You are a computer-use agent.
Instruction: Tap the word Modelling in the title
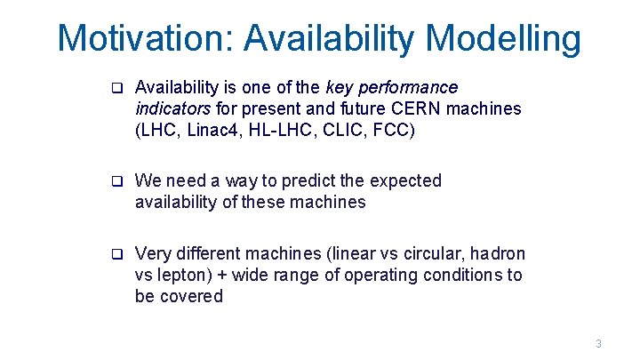[503, 38]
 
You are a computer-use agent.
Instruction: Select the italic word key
[340, 88]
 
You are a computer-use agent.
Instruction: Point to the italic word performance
[408, 88]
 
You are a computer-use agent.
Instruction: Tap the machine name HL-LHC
[277, 130]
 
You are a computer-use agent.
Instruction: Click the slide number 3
[598, 344]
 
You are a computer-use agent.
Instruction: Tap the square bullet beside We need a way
[116, 181]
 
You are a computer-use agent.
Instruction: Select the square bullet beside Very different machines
[116, 254]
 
